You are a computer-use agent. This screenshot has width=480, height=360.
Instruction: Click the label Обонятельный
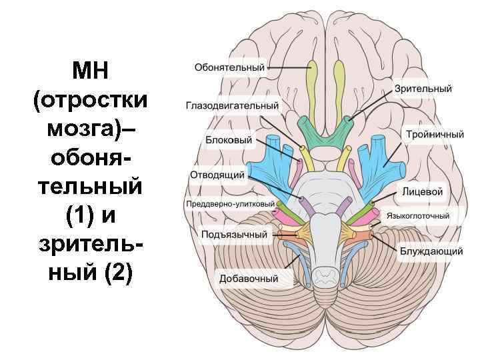pos(229,67)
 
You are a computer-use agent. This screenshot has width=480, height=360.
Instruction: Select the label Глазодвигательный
pos(232,106)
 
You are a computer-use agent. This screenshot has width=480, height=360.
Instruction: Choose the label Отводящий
pos(219,175)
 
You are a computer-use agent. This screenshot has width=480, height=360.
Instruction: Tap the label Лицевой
pos(423,191)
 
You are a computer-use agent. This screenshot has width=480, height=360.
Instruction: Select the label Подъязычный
pos(234,235)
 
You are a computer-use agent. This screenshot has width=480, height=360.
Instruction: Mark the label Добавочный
pos(249,279)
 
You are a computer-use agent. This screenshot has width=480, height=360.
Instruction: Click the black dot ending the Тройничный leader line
pos(385,164)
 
